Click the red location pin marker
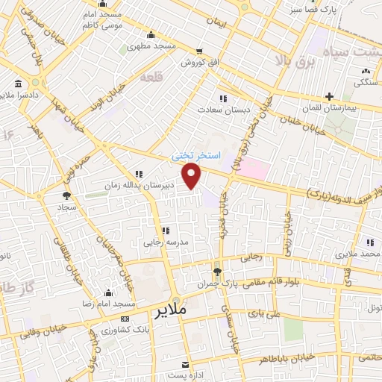click(193, 177)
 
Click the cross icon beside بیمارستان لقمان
click(329, 96)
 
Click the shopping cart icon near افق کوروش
click(198, 51)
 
